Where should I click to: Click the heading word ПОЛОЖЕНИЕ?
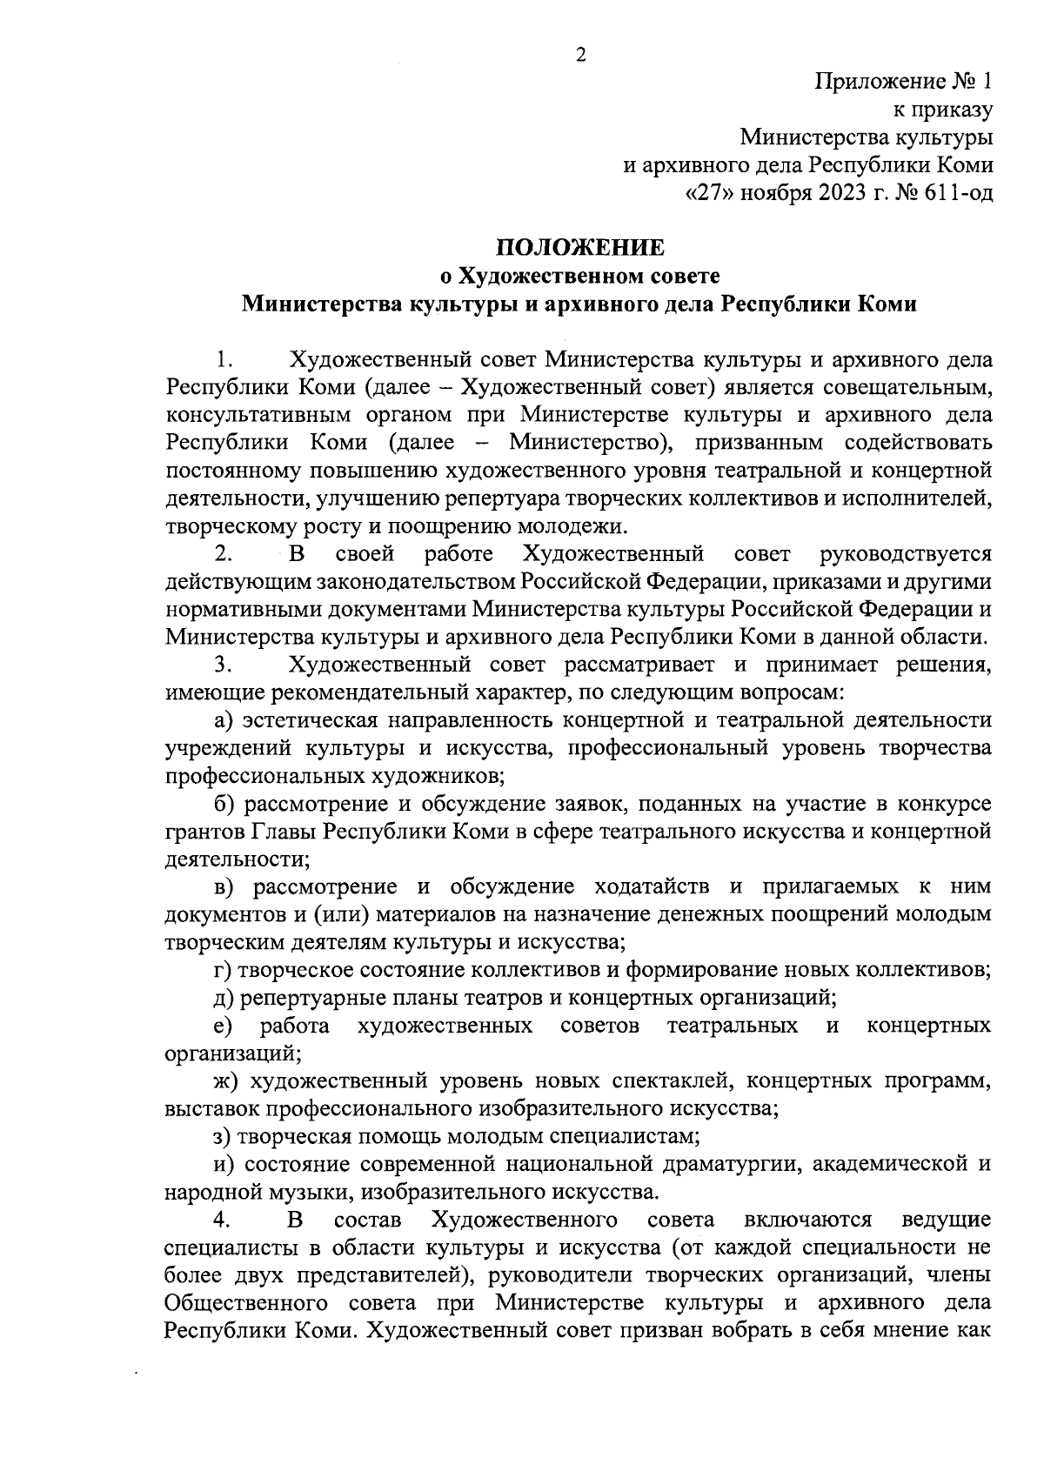580,248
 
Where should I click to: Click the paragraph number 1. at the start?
224,359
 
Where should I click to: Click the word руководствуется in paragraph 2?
905,554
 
